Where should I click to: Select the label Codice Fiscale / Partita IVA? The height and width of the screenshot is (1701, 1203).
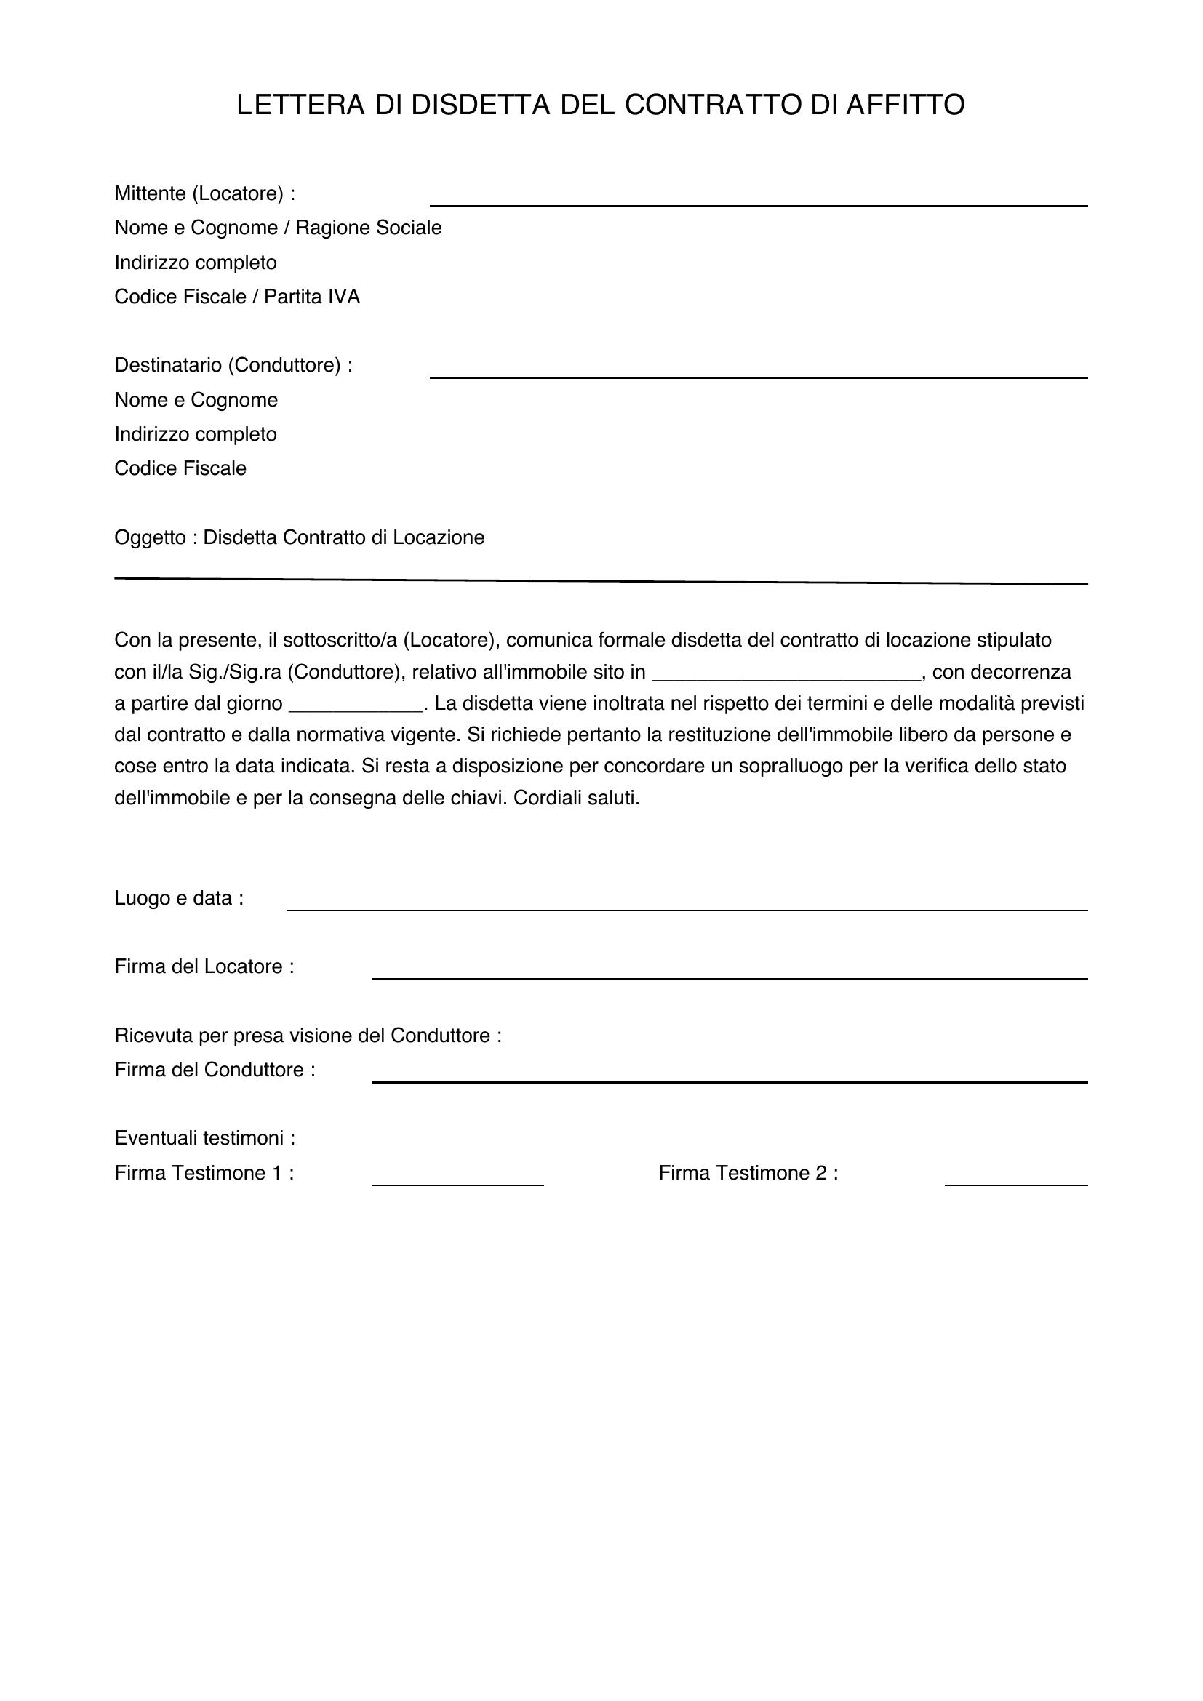point(237,297)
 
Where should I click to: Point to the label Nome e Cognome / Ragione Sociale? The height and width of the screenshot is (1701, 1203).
point(278,228)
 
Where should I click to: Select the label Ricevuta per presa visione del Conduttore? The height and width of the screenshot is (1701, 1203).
point(308,1036)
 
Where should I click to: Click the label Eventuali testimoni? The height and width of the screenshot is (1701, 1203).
point(204,1139)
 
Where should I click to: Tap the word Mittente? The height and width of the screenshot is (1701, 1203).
point(150,194)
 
